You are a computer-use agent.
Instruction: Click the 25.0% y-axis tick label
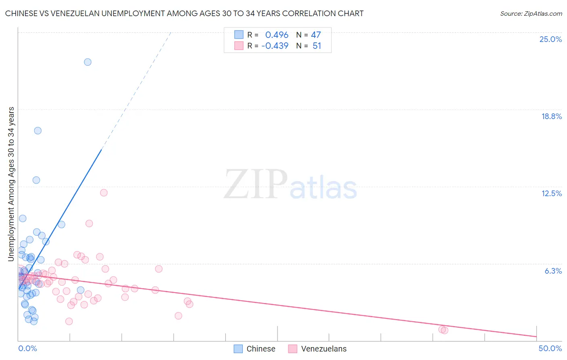550,39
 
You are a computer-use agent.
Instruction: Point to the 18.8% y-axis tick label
551,116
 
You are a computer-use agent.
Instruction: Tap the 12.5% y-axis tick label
551,193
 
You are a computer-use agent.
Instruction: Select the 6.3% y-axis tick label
553,271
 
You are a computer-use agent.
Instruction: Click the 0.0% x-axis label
27,348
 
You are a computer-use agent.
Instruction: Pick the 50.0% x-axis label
550,348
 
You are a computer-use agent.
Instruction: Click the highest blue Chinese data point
88,62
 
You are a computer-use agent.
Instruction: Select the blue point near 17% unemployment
38,130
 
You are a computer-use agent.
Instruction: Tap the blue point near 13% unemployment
36,180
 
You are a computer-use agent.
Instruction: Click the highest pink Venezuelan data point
104,193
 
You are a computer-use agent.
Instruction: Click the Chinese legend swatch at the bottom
238,349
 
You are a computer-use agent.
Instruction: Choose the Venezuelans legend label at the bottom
323,349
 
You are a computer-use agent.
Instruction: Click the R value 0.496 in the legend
277,35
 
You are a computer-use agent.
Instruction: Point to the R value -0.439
275,46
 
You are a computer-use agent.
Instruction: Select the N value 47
316,35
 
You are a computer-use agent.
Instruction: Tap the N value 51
317,46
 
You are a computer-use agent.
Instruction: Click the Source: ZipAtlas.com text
531,14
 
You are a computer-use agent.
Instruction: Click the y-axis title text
11,184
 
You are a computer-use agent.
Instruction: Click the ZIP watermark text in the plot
256,185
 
